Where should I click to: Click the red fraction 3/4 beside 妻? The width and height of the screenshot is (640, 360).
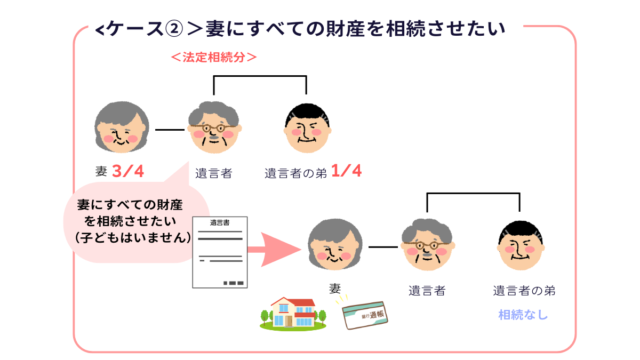coord(128,171)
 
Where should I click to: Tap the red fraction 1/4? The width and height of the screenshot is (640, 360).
coord(346,171)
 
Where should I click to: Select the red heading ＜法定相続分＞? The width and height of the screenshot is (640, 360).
coord(214,57)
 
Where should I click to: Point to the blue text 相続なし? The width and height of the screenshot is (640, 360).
coord(523,315)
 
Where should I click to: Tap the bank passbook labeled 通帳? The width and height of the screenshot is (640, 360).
coord(365,314)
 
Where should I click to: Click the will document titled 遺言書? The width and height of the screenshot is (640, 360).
coord(220,252)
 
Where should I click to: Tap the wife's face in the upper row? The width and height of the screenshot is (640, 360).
coord(121,128)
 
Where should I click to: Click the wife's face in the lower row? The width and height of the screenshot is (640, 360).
coord(335,245)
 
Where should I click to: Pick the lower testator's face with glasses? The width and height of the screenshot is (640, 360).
coord(427,245)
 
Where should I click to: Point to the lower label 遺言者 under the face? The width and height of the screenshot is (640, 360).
coord(427,291)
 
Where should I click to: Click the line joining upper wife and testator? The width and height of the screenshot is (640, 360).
coord(169,130)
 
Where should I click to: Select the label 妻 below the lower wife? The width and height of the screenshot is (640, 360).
coord(335,289)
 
